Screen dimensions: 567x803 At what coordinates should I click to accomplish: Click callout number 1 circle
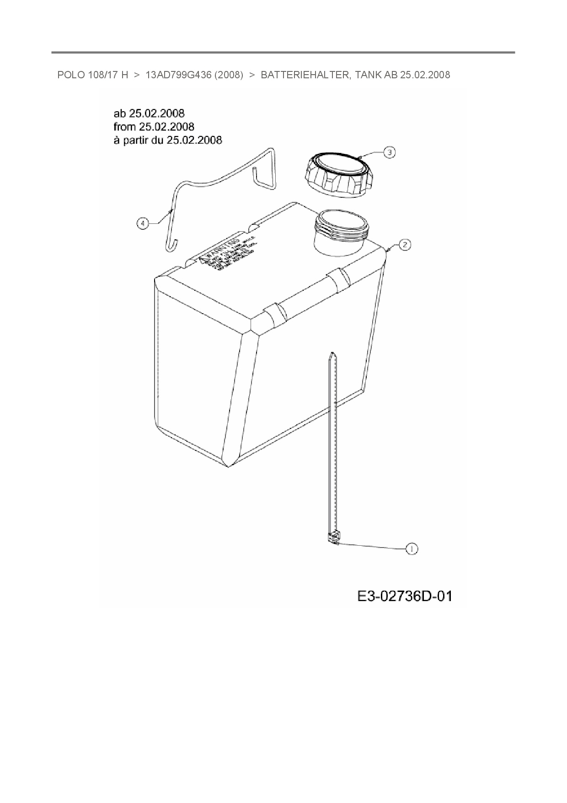pyautogui.click(x=412, y=548)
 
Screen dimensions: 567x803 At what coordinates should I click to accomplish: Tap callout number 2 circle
pyautogui.click(x=405, y=245)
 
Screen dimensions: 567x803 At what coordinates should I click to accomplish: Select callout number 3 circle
pyautogui.click(x=389, y=152)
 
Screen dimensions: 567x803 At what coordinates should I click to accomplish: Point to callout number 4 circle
pyautogui.click(x=143, y=223)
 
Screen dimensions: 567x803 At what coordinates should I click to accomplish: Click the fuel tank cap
pyautogui.click(x=339, y=176)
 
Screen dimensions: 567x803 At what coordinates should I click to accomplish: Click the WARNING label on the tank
pyautogui.click(x=227, y=254)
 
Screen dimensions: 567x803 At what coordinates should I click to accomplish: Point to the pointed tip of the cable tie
pyautogui.click(x=332, y=354)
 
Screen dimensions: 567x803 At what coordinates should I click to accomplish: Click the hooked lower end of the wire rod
pyautogui.click(x=171, y=245)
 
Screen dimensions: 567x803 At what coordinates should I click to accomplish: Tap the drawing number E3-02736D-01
pyautogui.click(x=405, y=596)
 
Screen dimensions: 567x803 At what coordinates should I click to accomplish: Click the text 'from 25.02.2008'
pyautogui.click(x=154, y=126)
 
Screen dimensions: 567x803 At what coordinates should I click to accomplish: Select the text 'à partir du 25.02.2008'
pyautogui.click(x=167, y=140)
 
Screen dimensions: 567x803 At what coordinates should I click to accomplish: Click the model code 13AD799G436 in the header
pyautogui.click(x=178, y=75)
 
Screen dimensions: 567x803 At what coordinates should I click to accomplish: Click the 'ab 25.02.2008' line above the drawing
pyautogui.click(x=149, y=113)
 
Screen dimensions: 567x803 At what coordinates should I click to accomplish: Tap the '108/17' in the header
pyautogui.click(x=102, y=75)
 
